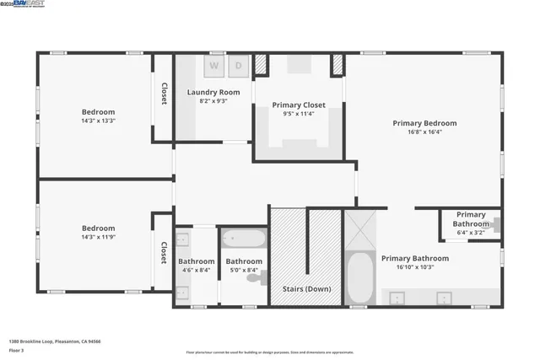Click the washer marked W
pyautogui.click(x=213, y=66)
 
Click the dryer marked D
pyautogui.click(x=238, y=66)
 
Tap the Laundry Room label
pyautogui.click(x=213, y=92)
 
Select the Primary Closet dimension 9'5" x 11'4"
pyautogui.click(x=299, y=115)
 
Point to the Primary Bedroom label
pyautogui.click(x=429, y=122)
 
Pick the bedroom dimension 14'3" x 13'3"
pyautogui.click(x=98, y=121)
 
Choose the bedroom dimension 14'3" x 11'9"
pyautogui.click(x=98, y=236)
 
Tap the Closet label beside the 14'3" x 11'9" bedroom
pyautogui.click(x=163, y=252)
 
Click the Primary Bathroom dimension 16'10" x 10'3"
pyautogui.click(x=414, y=267)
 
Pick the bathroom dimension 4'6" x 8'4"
pyautogui.click(x=196, y=271)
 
